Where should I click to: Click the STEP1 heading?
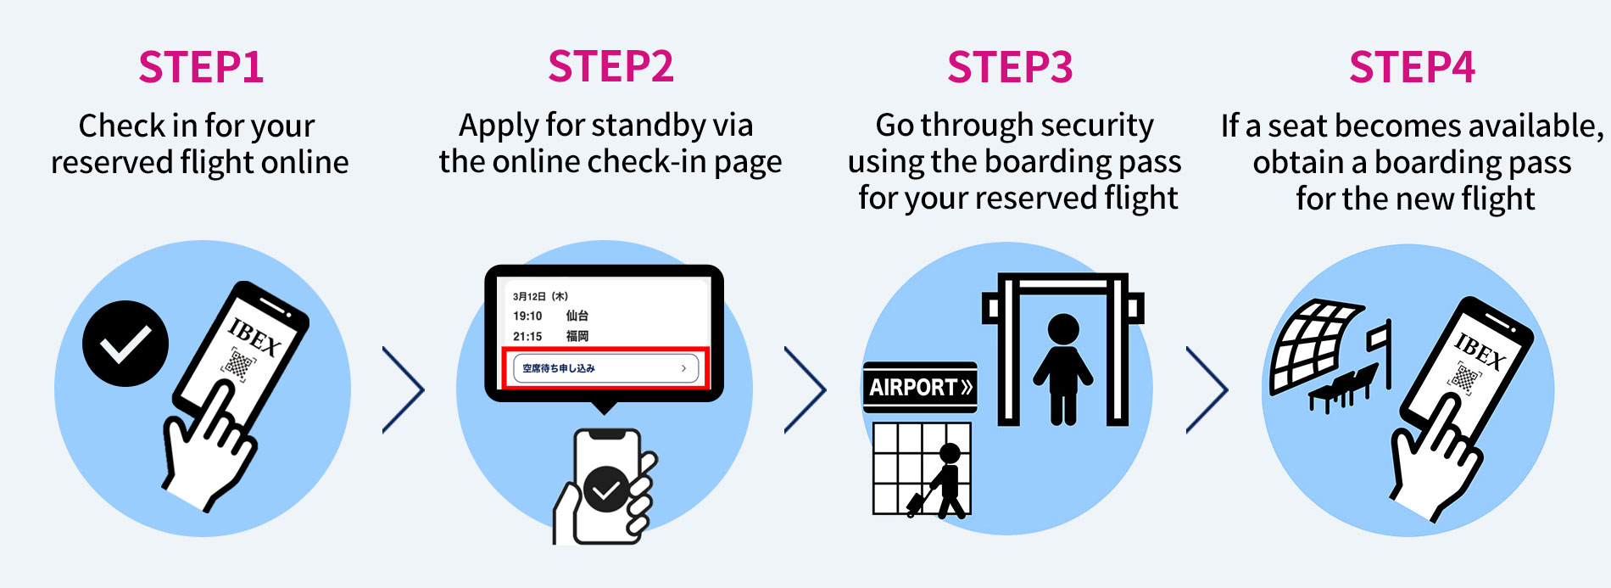(x=201, y=67)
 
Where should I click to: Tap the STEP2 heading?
(x=610, y=66)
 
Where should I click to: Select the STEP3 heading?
(x=1010, y=67)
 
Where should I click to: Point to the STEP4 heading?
(x=1412, y=67)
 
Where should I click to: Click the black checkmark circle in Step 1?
(x=125, y=344)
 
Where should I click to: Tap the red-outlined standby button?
(x=605, y=368)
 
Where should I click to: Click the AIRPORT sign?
(x=920, y=387)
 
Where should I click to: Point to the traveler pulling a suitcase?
(x=941, y=481)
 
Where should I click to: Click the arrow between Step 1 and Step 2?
(x=404, y=389)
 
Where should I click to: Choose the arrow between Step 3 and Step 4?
(x=1207, y=389)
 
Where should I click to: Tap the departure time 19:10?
(x=527, y=316)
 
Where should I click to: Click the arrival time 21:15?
(x=527, y=336)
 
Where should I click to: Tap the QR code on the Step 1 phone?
(x=238, y=365)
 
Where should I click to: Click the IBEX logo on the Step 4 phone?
(x=1480, y=350)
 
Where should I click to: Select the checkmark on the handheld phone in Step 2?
(x=606, y=490)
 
